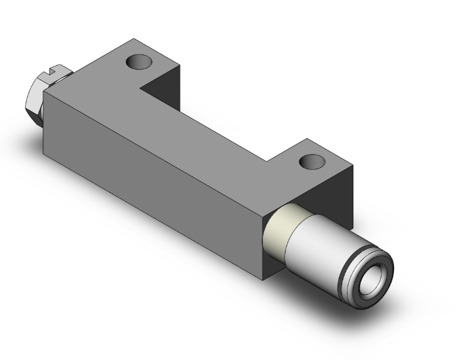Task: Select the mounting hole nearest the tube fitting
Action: [x=311, y=162]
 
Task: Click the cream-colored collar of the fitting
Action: [x=277, y=232]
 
